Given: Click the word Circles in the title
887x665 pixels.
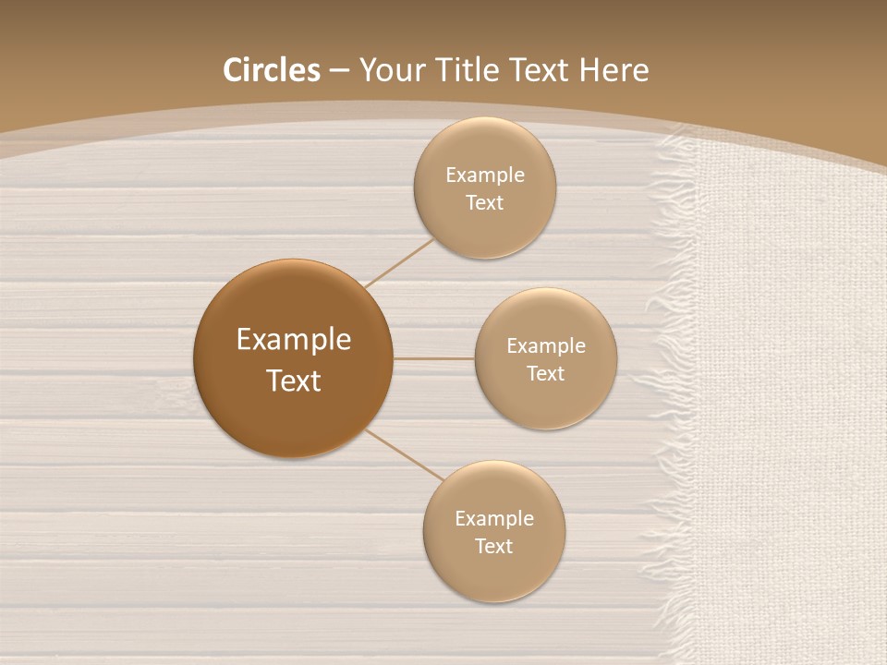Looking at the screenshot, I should (271, 70).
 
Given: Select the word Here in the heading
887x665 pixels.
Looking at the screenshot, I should (614, 70).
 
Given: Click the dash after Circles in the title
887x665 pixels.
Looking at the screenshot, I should (339, 71).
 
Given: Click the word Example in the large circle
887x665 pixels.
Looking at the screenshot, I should (293, 340).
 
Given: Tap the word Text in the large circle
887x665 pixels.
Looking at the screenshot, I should (293, 381).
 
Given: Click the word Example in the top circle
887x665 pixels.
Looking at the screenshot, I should (484, 175).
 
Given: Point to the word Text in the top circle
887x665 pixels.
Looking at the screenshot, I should (484, 203).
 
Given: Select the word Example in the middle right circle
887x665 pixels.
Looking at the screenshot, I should (545, 346).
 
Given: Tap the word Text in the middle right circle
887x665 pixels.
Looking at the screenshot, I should (545, 374).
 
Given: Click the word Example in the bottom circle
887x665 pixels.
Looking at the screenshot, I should (493, 519).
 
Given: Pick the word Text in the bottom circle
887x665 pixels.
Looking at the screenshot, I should (493, 547).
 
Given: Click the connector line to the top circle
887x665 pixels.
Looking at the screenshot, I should (399, 262).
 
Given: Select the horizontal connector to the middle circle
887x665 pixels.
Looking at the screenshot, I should (434, 358).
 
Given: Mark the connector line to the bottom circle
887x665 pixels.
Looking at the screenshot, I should (405, 455).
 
